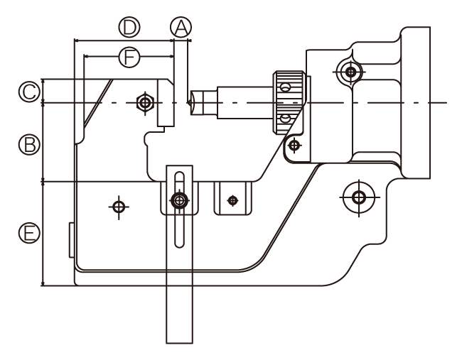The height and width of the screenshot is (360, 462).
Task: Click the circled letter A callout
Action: [x=181, y=28]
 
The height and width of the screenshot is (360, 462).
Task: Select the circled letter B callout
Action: [x=29, y=145]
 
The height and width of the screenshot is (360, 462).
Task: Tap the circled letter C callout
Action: [x=29, y=92]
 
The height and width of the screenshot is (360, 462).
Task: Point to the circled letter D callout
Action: [x=129, y=27]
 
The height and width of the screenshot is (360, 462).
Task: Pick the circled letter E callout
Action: [x=29, y=233]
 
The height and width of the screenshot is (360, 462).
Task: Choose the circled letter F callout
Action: [x=129, y=57]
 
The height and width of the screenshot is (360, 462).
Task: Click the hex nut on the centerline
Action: [x=145, y=103]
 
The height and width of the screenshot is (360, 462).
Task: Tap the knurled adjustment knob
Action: [x=289, y=102]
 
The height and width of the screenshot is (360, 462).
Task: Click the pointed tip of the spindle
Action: [x=188, y=103]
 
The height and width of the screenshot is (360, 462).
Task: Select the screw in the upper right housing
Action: [x=350, y=72]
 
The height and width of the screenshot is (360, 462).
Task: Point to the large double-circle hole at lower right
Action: [x=358, y=197]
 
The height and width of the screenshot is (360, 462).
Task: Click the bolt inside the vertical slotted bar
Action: [x=179, y=200]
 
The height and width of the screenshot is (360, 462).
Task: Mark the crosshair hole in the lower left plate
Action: [x=119, y=207]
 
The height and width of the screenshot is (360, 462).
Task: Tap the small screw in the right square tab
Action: [x=232, y=201]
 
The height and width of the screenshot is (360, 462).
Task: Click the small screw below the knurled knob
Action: [x=294, y=145]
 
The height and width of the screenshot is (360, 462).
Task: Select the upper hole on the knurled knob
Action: [x=285, y=87]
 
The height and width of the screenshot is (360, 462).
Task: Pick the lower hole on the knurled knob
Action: [x=285, y=119]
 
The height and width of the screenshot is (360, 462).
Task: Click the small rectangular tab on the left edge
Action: [x=72, y=240]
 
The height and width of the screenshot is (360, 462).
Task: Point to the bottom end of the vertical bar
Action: [x=179, y=343]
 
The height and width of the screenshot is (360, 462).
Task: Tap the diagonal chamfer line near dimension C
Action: [x=98, y=102]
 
